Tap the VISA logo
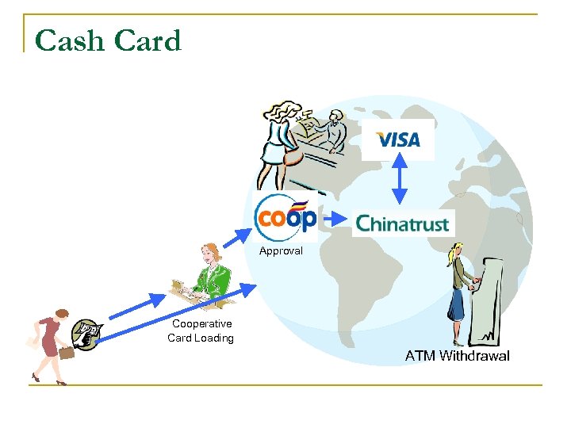point(398,140)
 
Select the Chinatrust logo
point(403,224)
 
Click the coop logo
point(286,215)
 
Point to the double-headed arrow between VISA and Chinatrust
point(399,182)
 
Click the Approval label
point(281,250)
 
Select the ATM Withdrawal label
point(457,356)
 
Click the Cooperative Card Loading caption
point(201,331)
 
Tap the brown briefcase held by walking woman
point(66,353)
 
